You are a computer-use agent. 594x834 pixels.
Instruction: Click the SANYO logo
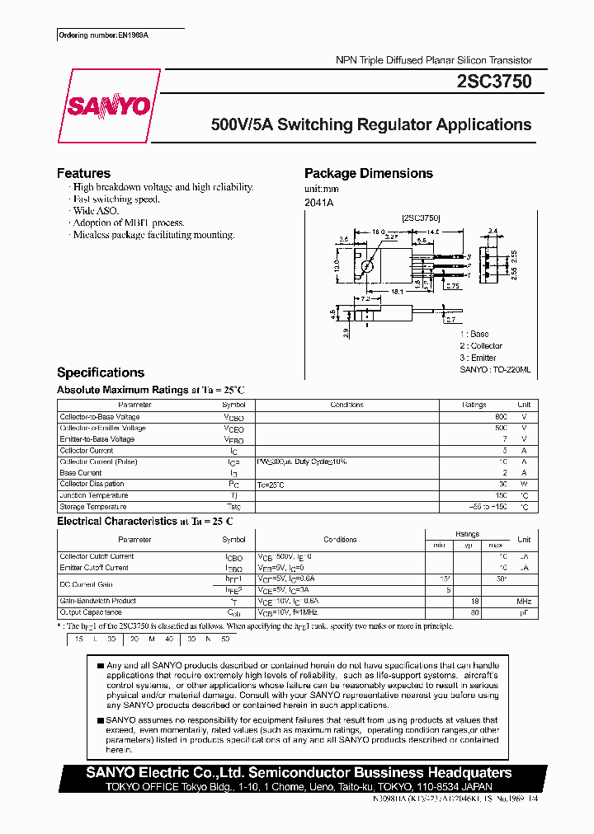click(108, 106)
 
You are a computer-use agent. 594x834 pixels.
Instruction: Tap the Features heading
click(83, 173)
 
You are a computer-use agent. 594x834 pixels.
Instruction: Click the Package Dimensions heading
click(368, 173)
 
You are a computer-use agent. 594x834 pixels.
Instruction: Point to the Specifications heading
click(100, 372)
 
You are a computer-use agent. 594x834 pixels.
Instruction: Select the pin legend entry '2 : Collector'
click(480, 346)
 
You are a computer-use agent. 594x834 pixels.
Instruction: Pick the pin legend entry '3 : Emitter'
click(478, 358)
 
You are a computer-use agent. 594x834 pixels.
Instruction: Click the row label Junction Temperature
click(94, 495)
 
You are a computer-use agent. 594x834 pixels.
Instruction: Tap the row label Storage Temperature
click(93, 507)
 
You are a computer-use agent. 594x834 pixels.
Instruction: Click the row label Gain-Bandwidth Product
click(97, 602)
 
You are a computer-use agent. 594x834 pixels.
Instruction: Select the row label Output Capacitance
click(91, 612)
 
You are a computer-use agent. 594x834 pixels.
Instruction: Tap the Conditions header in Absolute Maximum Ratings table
click(346, 405)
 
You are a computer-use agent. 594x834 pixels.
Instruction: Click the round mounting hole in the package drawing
click(368, 265)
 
